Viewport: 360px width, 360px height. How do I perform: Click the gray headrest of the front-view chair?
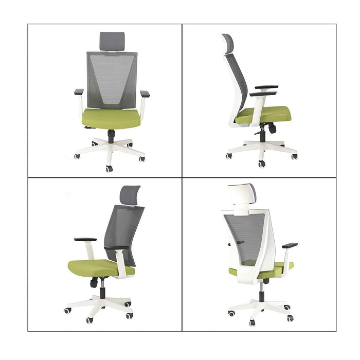(112, 41)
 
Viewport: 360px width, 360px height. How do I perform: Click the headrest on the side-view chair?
(228, 44)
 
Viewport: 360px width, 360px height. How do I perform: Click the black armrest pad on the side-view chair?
(266, 87)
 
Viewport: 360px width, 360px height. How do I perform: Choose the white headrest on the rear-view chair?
(241, 195)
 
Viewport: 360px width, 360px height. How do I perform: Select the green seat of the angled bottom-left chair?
(95, 267)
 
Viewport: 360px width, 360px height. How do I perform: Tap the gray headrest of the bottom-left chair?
(130, 195)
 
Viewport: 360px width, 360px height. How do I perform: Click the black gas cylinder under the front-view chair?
(111, 136)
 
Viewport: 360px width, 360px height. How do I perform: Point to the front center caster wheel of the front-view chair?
(109, 168)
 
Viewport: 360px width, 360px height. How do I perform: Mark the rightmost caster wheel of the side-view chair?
(294, 156)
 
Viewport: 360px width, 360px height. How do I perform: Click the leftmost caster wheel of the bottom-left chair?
(67, 311)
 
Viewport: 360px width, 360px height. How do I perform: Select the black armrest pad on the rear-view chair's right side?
(290, 245)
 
